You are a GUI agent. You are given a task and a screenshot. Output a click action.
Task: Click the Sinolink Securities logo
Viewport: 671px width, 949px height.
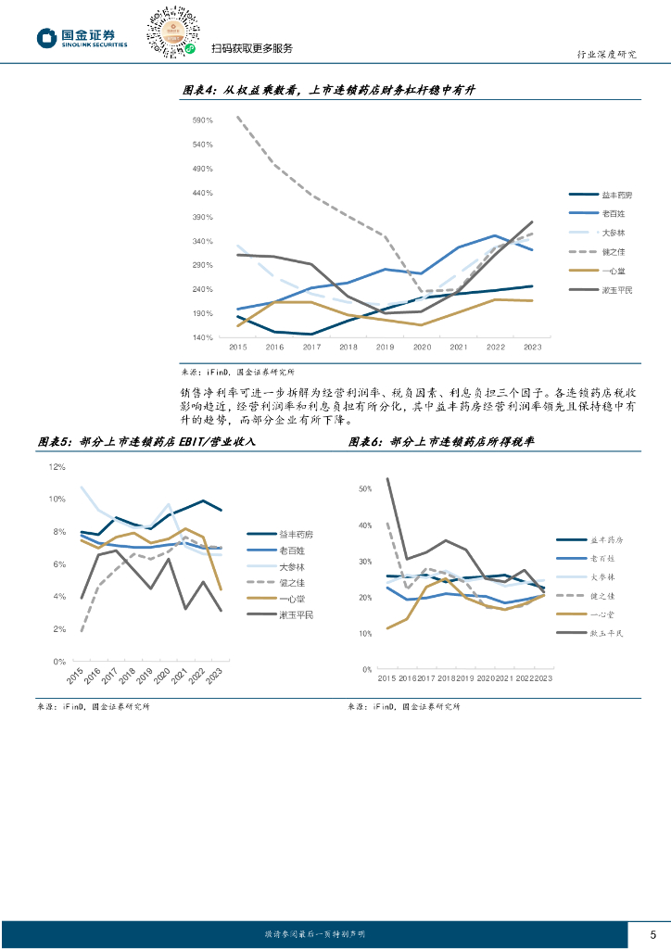tap(82, 37)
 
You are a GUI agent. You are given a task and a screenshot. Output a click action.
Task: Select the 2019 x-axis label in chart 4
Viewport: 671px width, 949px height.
tap(385, 348)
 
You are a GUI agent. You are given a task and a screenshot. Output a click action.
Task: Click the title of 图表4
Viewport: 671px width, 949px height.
tap(328, 90)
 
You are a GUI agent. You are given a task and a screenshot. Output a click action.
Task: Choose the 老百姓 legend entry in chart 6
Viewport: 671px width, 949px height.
tap(601, 558)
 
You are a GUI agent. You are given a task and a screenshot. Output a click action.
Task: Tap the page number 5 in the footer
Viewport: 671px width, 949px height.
tap(652, 933)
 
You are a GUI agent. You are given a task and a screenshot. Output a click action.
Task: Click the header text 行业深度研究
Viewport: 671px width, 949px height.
tap(601, 54)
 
